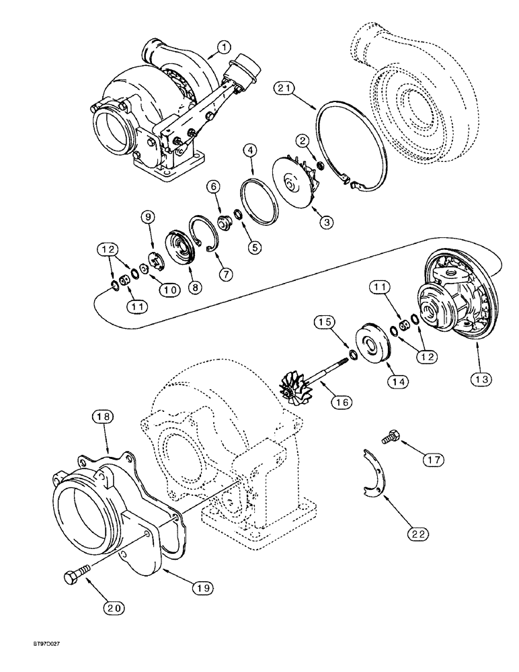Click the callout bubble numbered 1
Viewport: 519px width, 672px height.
pos(223,47)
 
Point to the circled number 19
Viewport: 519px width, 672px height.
pos(204,587)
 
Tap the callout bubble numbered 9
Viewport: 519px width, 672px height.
pos(147,216)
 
